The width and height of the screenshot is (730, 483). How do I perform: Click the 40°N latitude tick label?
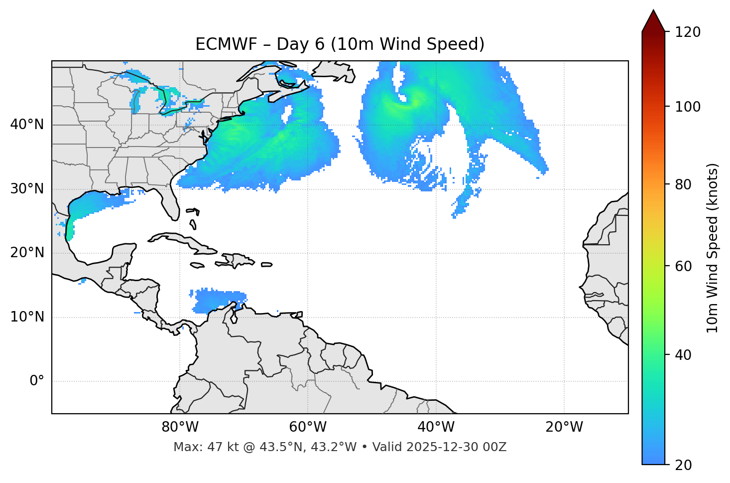27,125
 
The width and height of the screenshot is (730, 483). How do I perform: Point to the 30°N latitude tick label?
27,189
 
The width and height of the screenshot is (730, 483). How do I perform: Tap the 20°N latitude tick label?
27,253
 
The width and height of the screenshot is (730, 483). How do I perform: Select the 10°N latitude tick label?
27,317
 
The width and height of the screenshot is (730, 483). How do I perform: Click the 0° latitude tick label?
37,381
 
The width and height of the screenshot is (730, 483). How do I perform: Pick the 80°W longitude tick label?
180,427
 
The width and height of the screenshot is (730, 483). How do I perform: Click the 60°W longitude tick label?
308,427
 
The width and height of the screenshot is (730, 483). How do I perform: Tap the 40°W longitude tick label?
436,427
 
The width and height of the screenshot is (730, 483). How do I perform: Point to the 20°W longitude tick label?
564,427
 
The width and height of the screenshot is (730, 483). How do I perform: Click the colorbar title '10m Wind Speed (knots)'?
713,248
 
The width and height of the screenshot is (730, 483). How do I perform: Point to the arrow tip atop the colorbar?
653,11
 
